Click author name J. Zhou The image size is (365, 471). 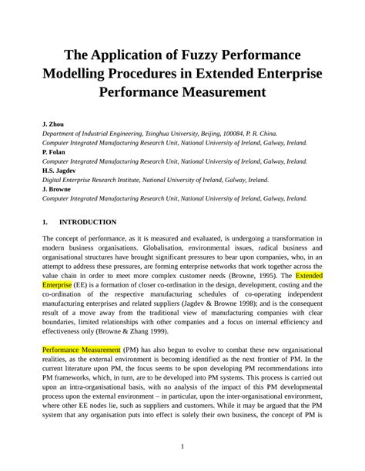pyautogui.click(x=53, y=123)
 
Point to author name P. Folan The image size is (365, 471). pyautogui.click(x=54, y=152)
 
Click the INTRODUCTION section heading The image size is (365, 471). pyautogui.click(x=88, y=222)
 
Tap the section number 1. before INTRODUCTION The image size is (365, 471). pyautogui.click(x=45, y=222)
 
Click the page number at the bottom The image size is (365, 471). pyautogui.click(x=182, y=447)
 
